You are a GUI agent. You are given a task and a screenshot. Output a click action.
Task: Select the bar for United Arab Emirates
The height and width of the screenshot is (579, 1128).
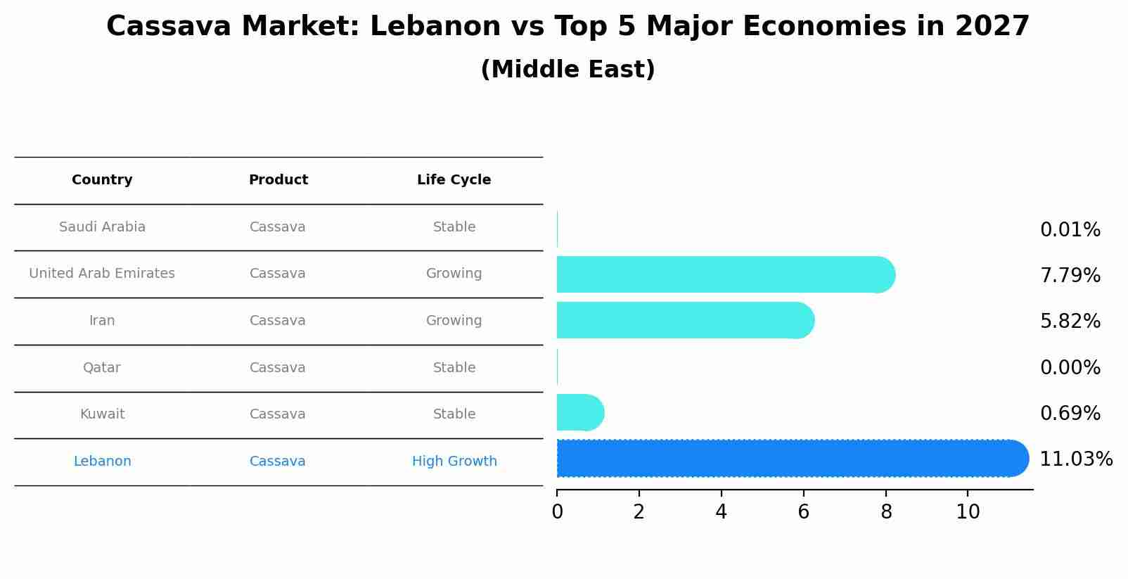pyautogui.click(x=724, y=274)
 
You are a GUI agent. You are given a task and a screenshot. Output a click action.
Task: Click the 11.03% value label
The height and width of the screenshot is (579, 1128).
pyautogui.click(x=1075, y=459)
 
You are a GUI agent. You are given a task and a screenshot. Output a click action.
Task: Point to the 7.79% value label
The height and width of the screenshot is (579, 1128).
pyautogui.click(x=1070, y=275)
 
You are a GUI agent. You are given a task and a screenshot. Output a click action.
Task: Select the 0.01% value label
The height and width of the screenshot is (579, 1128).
pyautogui.click(x=1070, y=230)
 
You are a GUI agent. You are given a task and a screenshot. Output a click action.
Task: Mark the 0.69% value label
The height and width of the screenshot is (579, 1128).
pyautogui.click(x=1070, y=413)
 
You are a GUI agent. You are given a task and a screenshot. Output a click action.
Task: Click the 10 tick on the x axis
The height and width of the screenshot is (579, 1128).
pyautogui.click(x=968, y=512)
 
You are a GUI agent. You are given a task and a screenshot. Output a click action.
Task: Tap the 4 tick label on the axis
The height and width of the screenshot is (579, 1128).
pyautogui.click(x=721, y=512)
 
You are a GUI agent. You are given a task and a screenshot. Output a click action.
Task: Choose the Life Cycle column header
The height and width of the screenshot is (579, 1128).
pyautogui.click(x=454, y=180)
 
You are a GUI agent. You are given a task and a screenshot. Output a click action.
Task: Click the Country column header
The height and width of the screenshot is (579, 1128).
pyautogui.click(x=102, y=180)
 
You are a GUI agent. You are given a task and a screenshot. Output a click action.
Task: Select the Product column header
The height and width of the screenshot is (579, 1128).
pyautogui.click(x=278, y=180)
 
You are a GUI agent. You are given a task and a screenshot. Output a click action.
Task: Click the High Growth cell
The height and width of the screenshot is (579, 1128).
pyautogui.click(x=454, y=462)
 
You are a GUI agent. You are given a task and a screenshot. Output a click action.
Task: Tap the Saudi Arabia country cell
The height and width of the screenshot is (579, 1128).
pyautogui.click(x=102, y=227)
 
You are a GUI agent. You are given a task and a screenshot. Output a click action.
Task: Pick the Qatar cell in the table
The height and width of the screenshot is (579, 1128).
pyautogui.click(x=102, y=368)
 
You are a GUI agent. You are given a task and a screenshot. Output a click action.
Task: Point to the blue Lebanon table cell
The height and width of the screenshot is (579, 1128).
pyautogui.click(x=102, y=462)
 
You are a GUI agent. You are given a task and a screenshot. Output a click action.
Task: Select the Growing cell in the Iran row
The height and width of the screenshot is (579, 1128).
pyautogui.click(x=454, y=321)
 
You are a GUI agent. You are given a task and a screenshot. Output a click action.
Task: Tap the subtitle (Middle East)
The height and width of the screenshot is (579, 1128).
pyautogui.click(x=568, y=70)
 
